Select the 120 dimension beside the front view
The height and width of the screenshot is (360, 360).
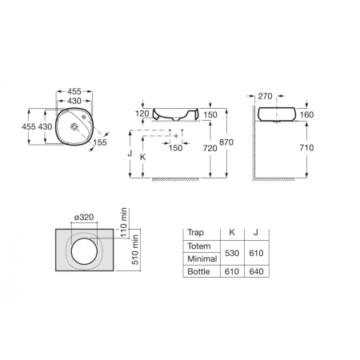pos(142,114)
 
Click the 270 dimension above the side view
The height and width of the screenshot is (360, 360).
pos(266,96)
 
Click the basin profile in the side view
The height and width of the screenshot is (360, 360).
pos(279,114)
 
